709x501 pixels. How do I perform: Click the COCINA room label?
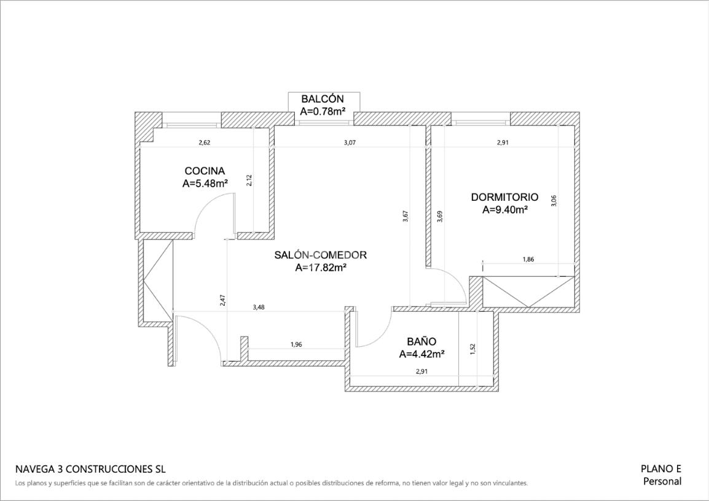click(x=205, y=171)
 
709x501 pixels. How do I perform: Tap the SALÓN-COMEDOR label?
click(x=321, y=255)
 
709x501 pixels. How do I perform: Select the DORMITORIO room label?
click(x=504, y=198)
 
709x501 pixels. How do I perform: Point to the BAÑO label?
click(x=421, y=341)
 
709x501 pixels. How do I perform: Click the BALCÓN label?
click(x=323, y=98)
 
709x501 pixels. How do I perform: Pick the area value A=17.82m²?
click(x=321, y=268)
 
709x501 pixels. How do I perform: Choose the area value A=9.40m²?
click(x=505, y=209)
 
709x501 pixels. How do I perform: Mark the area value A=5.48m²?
click(x=205, y=184)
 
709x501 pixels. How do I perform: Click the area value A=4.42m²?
click(x=421, y=354)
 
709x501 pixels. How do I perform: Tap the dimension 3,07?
click(x=350, y=142)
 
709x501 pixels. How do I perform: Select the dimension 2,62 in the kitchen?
click(x=205, y=142)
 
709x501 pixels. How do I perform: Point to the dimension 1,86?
click(x=528, y=259)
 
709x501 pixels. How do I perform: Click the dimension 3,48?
click(x=259, y=307)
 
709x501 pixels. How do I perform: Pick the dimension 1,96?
click(x=296, y=344)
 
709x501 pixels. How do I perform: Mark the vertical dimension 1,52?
click(x=472, y=349)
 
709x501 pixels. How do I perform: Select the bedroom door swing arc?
click(x=453, y=278)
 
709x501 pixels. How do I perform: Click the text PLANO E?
click(x=660, y=469)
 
